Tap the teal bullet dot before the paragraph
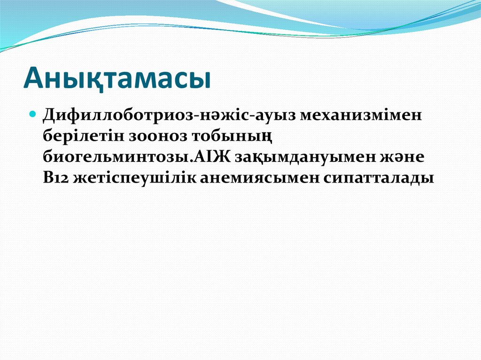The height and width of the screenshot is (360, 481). point(33,115)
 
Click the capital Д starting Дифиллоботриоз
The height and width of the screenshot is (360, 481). point(49,115)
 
